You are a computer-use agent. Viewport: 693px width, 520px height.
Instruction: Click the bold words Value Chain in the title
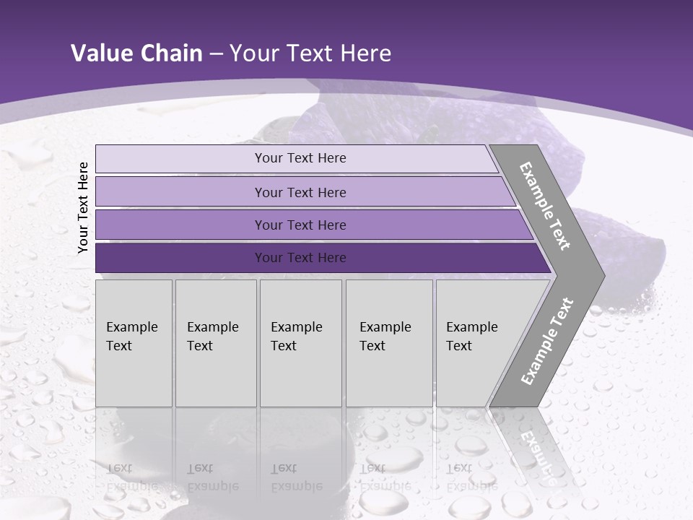[136, 53]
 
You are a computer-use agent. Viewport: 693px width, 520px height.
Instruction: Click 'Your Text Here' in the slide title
[310, 53]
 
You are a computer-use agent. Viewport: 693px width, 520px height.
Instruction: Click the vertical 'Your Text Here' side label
[83, 207]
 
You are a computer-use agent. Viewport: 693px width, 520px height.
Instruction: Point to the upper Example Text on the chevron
[546, 206]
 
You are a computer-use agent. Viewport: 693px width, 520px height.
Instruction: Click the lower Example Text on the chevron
[546, 342]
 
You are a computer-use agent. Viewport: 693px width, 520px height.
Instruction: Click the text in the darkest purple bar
[300, 258]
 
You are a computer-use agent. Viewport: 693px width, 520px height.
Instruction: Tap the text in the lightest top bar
[300, 158]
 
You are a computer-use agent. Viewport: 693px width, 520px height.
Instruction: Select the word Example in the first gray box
[131, 327]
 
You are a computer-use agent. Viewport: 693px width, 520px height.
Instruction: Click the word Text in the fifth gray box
[459, 346]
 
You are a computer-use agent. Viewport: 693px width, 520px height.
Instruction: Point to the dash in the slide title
[216, 54]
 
